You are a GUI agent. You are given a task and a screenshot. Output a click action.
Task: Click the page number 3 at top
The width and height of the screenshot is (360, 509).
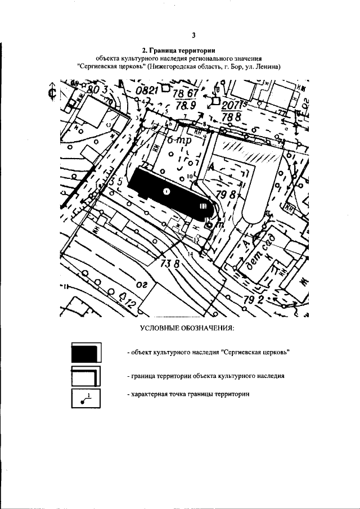(x=193, y=35)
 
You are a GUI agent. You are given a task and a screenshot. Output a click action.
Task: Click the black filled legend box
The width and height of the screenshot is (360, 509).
(x=85, y=353)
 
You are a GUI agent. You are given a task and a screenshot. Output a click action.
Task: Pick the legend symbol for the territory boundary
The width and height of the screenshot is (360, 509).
(x=85, y=376)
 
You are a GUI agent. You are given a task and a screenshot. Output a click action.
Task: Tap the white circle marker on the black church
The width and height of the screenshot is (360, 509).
(x=166, y=191)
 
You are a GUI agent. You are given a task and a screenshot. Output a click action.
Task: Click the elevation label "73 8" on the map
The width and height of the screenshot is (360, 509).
(x=170, y=263)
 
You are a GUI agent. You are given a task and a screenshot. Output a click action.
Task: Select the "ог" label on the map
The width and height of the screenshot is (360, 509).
(x=141, y=286)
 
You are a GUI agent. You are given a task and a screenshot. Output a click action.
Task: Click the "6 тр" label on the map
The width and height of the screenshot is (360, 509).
(x=179, y=141)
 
